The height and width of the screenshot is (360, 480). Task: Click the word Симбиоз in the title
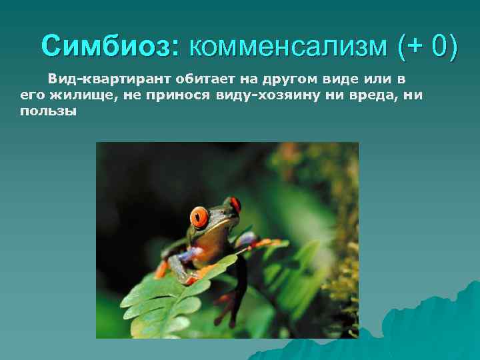pyautogui.click(x=106, y=47)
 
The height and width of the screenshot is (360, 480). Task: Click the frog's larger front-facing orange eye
pyautogui.click(x=199, y=217)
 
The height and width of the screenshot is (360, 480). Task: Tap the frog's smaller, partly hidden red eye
pyautogui.click(x=234, y=205)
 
